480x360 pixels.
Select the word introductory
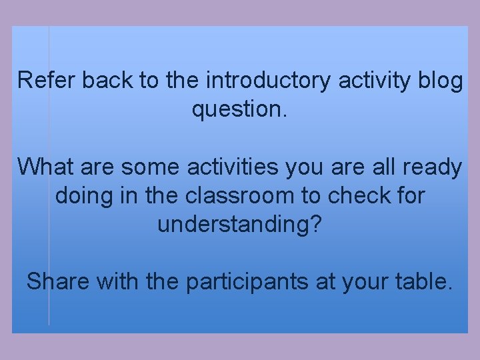point(269,81)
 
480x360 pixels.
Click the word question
point(237,109)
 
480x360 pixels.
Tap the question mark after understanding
point(315,224)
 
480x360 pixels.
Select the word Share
point(57,282)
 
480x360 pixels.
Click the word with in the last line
point(117,282)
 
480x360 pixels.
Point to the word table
point(422,282)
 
